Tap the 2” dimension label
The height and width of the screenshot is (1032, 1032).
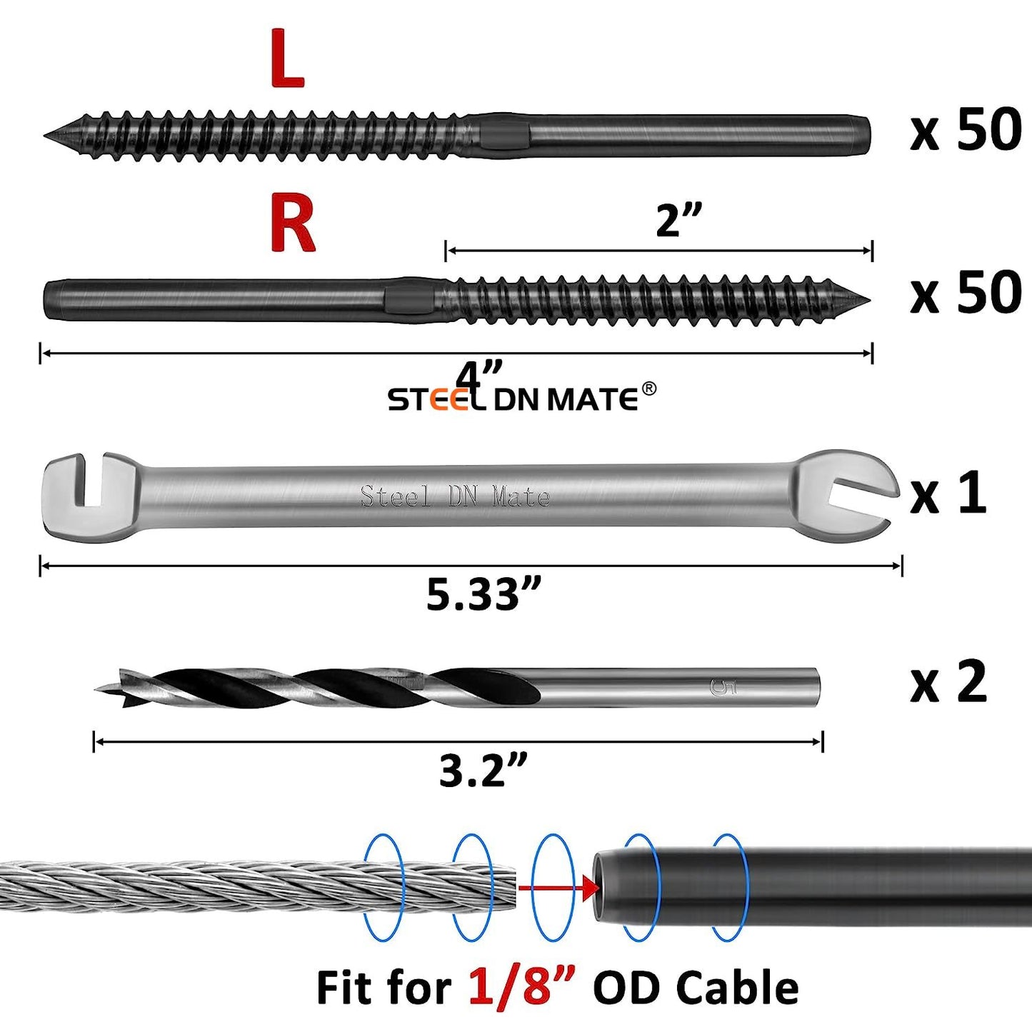tap(678, 220)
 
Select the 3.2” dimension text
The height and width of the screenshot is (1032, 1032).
tap(484, 771)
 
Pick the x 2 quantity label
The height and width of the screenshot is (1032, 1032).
tap(948, 682)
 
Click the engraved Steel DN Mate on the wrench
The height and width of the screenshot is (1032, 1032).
tap(455, 496)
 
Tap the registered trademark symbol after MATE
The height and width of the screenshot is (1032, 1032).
tap(648, 388)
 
